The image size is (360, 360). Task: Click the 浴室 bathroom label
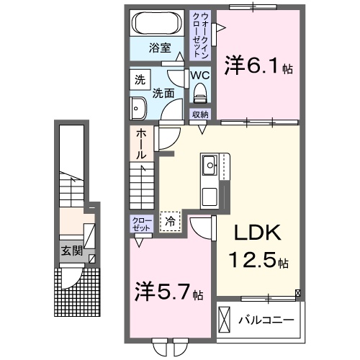coord(159,48)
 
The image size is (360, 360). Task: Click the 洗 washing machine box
coord(139,80)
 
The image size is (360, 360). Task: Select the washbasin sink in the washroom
coord(138,109)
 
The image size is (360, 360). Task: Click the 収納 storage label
coord(200,114)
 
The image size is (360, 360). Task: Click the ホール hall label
coord(140,144)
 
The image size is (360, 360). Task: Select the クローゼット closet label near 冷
coord(140,224)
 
